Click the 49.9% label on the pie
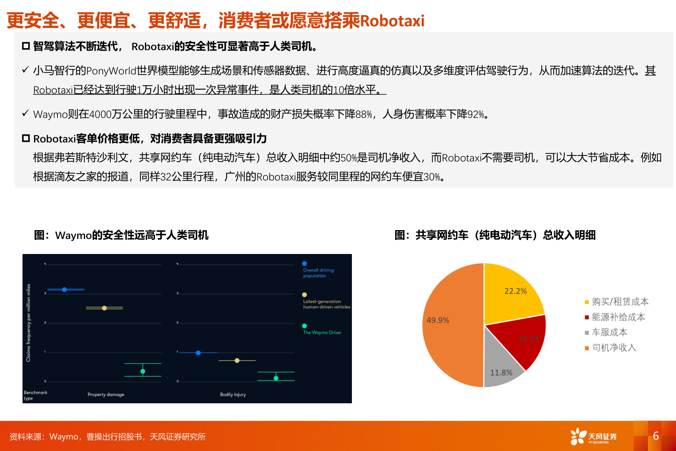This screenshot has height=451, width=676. pyautogui.click(x=438, y=320)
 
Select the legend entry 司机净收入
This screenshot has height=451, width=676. pyautogui.click(x=614, y=348)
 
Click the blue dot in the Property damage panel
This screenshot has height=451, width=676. pyautogui.click(x=64, y=290)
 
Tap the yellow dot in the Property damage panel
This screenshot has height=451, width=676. pyautogui.click(x=104, y=308)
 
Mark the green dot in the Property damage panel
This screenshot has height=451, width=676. pyautogui.click(x=143, y=371)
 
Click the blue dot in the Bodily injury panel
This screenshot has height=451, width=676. pyautogui.click(x=198, y=353)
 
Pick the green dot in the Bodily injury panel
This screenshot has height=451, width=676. pyautogui.click(x=276, y=378)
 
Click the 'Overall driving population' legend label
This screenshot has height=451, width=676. pyautogui.click(x=318, y=273)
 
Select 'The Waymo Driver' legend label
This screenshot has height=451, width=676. pyautogui.click(x=322, y=333)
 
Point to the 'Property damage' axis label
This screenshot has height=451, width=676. pyautogui.click(x=106, y=394)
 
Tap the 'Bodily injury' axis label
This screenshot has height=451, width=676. pyautogui.click(x=233, y=394)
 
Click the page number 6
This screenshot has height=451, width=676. pyautogui.click(x=656, y=436)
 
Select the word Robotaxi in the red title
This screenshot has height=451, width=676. pyautogui.click(x=392, y=21)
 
